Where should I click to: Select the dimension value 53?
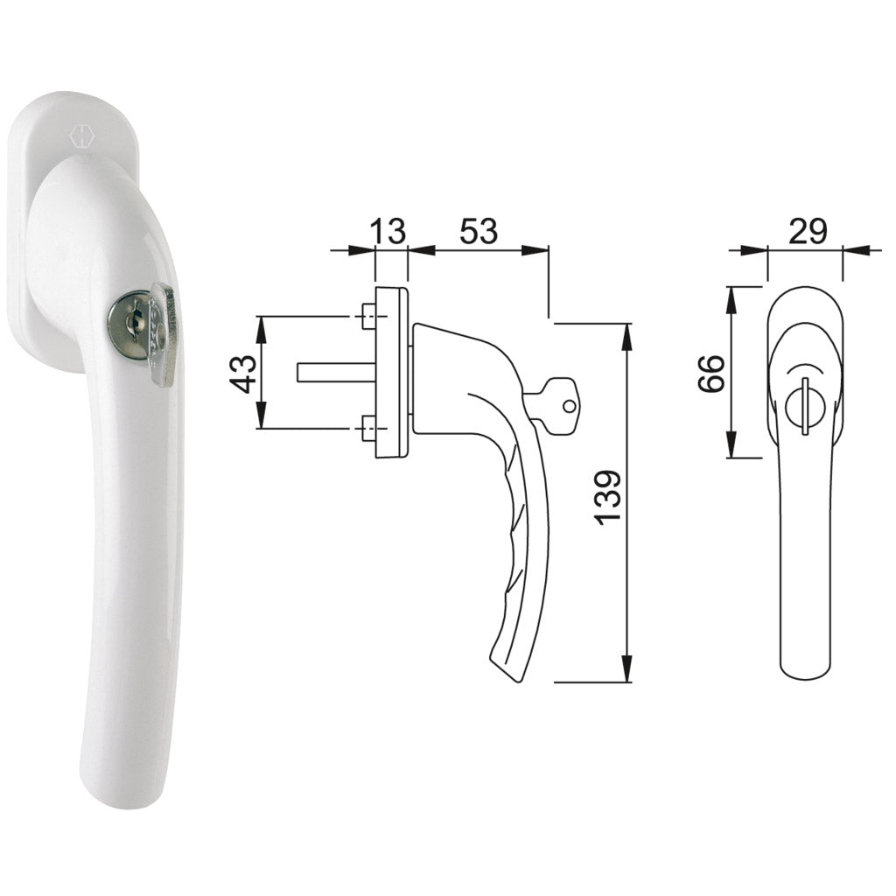click(478, 231)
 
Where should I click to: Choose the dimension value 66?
click(714, 374)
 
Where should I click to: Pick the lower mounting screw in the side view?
click(369, 429)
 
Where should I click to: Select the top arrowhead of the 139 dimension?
click(626, 332)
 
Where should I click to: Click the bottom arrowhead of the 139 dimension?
click(626, 673)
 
